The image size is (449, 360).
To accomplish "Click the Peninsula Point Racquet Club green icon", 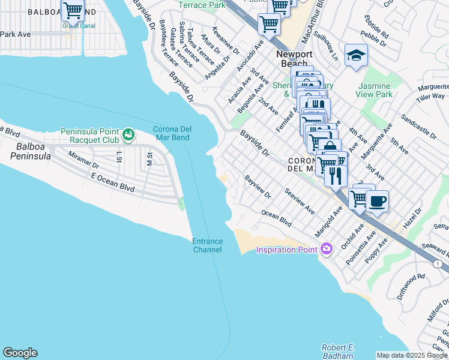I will click(x=128, y=134).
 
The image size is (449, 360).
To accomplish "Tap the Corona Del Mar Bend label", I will click(x=171, y=133).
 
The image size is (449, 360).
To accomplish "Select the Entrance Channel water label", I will click(x=207, y=245).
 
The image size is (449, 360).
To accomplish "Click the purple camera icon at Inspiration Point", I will click(x=327, y=248).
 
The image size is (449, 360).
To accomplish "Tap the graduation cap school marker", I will click(x=356, y=55).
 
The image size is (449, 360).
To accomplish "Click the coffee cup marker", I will click(x=377, y=201).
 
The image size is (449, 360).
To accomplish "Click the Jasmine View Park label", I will click(x=373, y=90).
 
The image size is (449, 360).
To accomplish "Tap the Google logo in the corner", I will click(x=20, y=353).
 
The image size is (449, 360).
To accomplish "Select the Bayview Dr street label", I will click(x=258, y=187).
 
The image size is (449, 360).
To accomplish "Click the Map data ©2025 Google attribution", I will click(x=412, y=355).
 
